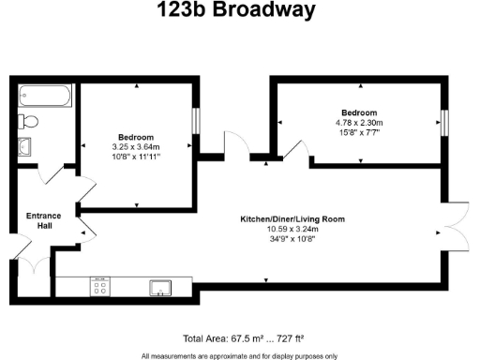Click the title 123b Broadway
tap(240, 12)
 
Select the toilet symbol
tap(28, 121)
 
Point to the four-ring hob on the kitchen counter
tap(100, 286)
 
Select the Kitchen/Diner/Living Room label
tap(292, 219)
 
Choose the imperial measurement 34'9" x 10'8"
tap(292, 238)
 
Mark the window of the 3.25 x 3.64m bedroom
tap(196, 122)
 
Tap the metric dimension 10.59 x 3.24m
tap(292, 229)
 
